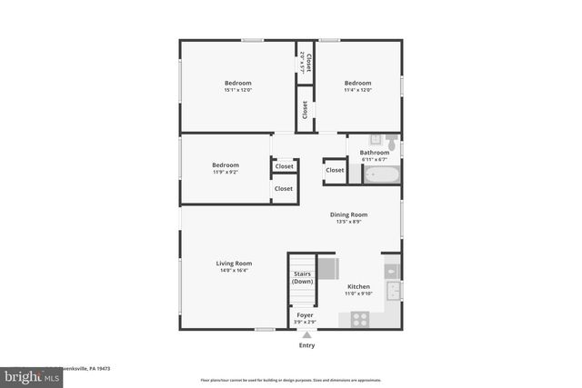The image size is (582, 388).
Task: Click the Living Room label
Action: coord(234,264)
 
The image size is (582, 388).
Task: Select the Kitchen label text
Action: coord(358,286)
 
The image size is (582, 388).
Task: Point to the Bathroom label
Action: coord(374,153)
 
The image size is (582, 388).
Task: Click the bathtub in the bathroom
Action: coord(381,174)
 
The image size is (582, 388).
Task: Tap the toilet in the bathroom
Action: coord(390,142)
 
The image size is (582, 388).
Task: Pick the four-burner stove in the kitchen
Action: coord(359,319)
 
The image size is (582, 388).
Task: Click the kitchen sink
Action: coord(393,291)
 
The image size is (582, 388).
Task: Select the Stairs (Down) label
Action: coord(302,278)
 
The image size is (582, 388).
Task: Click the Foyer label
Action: coord(305,315)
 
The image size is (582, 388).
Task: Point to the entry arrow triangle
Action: coord(306,334)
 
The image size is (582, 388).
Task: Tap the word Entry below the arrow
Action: coord(306,345)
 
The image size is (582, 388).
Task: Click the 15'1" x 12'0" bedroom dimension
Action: coord(237,90)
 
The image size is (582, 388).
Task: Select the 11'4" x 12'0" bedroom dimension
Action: coord(357,90)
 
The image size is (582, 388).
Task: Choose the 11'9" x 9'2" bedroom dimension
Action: coord(226,172)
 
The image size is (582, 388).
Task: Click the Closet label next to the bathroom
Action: coord(335,170)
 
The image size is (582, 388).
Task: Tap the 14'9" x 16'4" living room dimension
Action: coord(234,271)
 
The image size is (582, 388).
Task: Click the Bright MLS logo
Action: coord(26,374)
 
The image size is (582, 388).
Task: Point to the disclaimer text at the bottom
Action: coord(291,380)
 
